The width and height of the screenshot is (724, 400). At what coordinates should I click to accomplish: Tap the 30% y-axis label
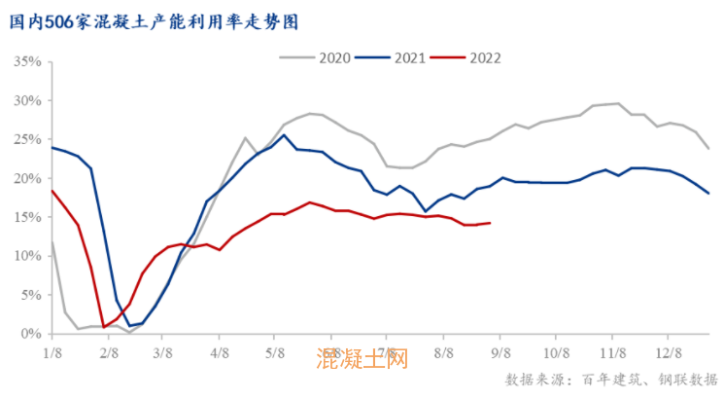tap(27, 100)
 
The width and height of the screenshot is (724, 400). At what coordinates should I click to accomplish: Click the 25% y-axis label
tap(27, 139)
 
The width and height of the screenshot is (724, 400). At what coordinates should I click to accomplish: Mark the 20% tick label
tap(27, 178)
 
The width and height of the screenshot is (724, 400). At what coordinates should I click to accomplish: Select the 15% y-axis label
tap(27, 217)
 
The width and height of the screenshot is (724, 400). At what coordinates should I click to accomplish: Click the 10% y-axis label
tap(27, 256)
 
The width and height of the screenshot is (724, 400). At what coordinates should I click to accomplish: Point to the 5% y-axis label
tap(30, 295)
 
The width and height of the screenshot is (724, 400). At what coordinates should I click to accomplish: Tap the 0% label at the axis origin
tap(30, 334)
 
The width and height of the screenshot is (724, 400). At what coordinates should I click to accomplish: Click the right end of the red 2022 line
tap(489, 223)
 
